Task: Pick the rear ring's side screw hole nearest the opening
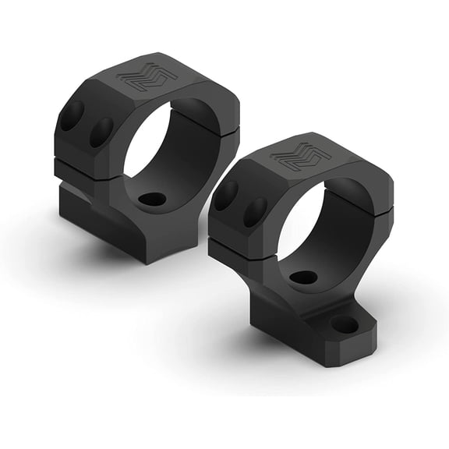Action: (101, 133)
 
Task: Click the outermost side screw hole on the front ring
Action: (226, 195)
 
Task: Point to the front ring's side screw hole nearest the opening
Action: (255, 211)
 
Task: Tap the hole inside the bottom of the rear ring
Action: (153, 199)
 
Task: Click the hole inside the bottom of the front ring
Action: (303, 277)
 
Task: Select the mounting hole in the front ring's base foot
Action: (344, 323)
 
